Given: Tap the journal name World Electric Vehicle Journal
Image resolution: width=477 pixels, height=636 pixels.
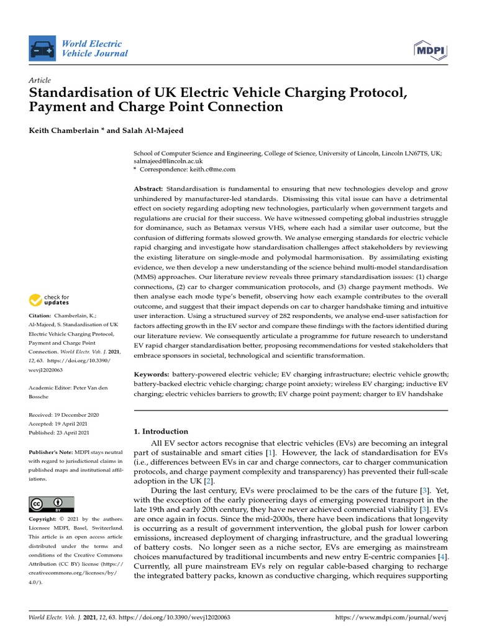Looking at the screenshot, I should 94,48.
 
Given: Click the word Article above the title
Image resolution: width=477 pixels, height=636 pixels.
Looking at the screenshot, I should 40,81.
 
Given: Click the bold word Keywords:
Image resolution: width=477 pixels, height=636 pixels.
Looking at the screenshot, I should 152,375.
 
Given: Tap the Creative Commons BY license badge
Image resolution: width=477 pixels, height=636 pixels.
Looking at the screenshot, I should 52,504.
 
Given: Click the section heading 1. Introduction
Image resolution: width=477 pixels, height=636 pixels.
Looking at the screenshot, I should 161,431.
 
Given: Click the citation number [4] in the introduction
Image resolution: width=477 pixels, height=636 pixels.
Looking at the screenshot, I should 442,557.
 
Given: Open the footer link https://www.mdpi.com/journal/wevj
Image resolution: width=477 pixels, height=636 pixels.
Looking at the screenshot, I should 391,618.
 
